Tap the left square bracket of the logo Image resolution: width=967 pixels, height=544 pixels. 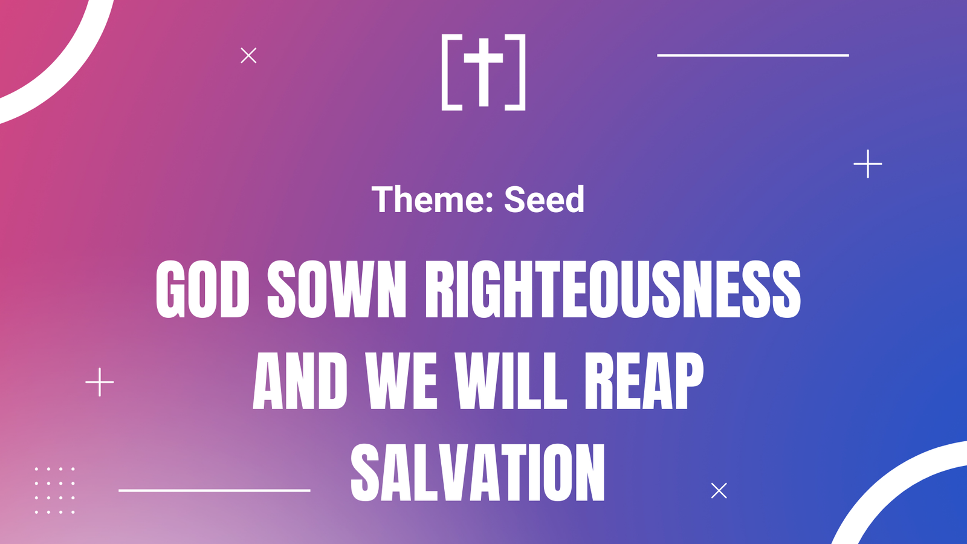(x=444, y=72)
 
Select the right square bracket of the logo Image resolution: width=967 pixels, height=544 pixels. (x=522, y=72)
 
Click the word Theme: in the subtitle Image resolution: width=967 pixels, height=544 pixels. (x=432, y=199)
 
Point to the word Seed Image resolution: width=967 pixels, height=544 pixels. (x=544, y=199)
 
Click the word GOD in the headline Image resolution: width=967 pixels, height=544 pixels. (x=202, y=290)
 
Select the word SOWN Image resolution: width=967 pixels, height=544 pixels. (x=337, y=290)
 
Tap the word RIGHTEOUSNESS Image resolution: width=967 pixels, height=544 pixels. (x=613, y=290)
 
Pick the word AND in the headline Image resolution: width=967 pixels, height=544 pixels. (x=300, y=380)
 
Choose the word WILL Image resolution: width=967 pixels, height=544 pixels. (x=511, y=380)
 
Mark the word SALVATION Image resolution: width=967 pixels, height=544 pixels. (x=477, y=472)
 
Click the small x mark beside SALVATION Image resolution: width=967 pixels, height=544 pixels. (x=719, y=490)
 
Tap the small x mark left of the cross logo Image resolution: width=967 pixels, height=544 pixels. (x=248, y=55)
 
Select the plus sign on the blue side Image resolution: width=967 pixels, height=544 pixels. (x=868, y=164)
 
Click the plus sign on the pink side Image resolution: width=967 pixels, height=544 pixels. (x=100, y=382)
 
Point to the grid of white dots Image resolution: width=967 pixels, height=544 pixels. (x=55, y=490)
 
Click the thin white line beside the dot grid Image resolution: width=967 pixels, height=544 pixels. (x=215, y=490)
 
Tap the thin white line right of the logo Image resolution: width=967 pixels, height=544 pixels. (x=753, y=55)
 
